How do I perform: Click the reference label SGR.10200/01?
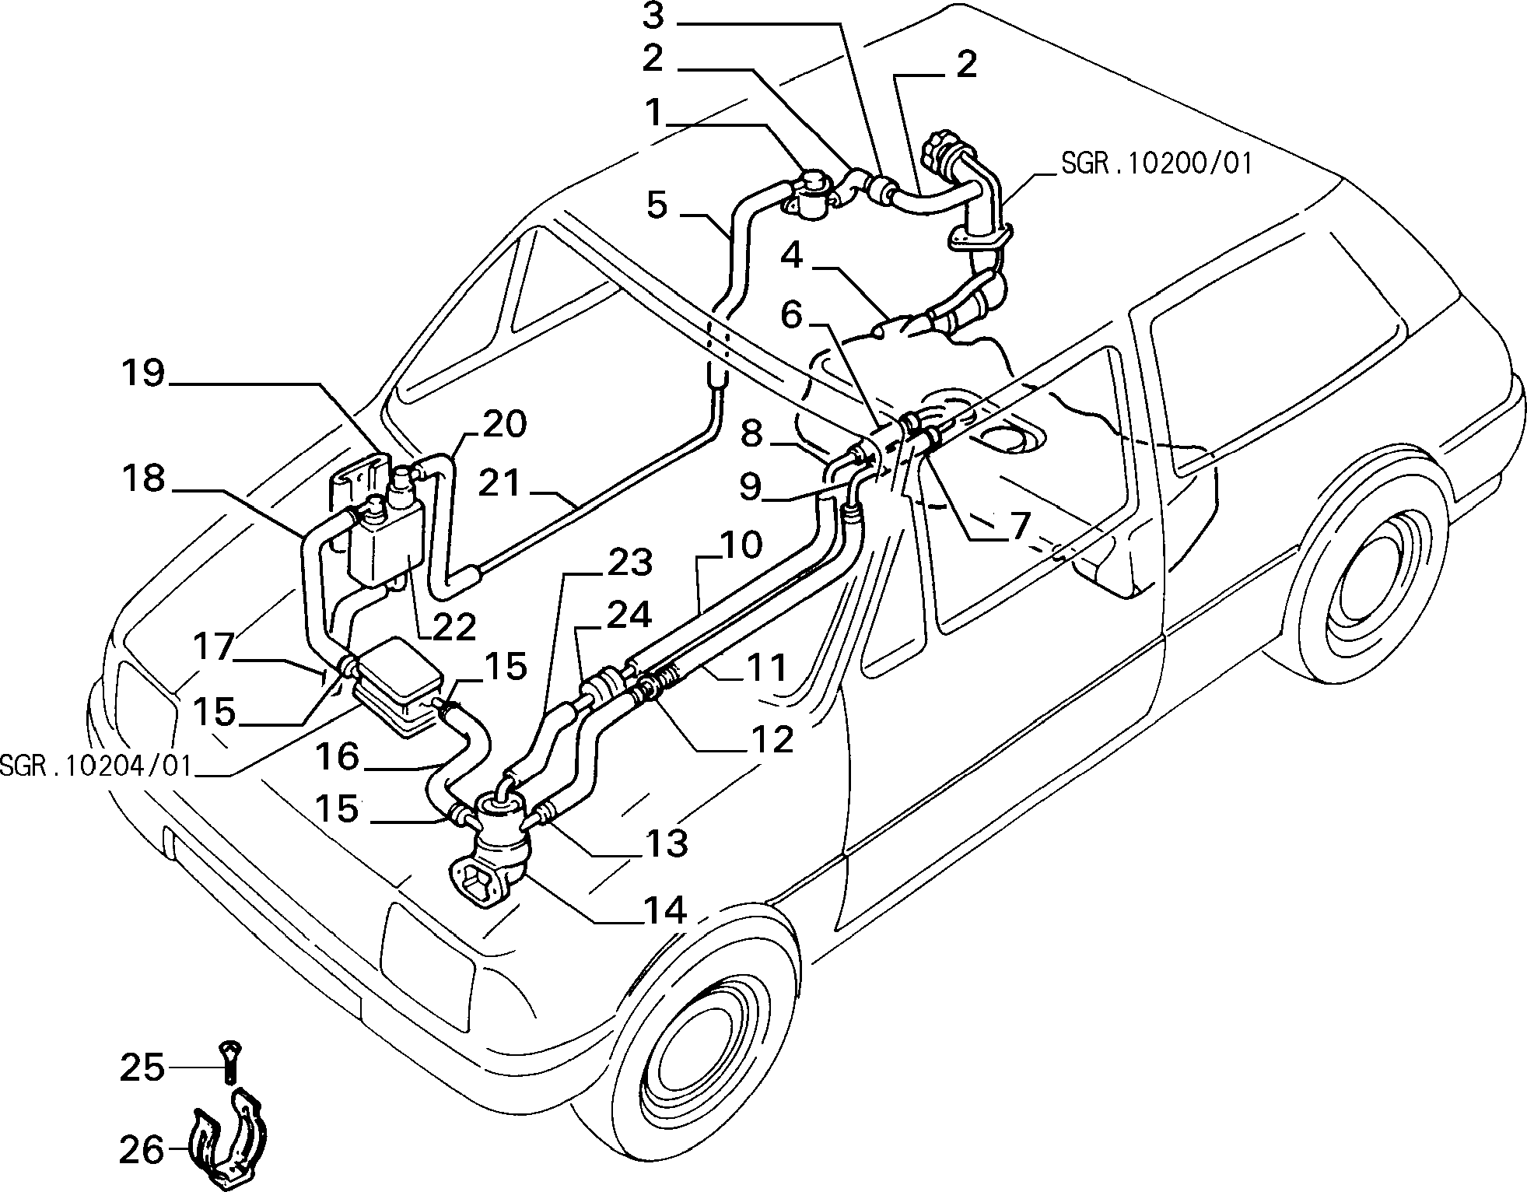tap(1156, 164)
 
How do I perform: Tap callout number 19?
tap(143, 373)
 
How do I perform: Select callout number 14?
tap(664, 910)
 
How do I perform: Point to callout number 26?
tap(142, 1149)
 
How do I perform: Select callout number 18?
tap(143, 479)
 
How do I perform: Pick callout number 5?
tap(657, 205)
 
